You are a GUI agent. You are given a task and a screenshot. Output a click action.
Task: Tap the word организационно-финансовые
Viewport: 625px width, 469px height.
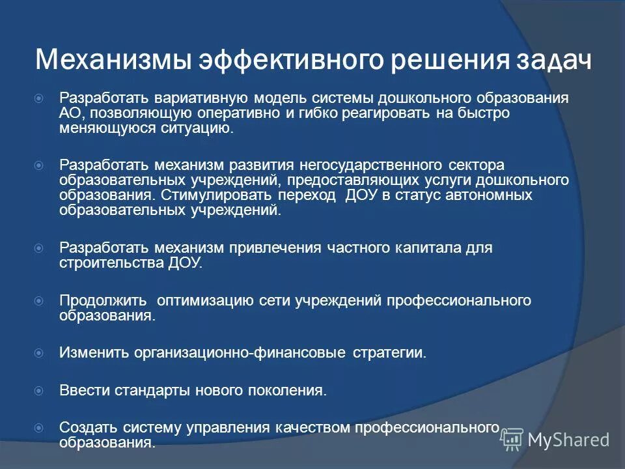[x=240, y=353]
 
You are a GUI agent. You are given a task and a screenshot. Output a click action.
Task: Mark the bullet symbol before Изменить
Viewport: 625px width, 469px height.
[x=38, y=353]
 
